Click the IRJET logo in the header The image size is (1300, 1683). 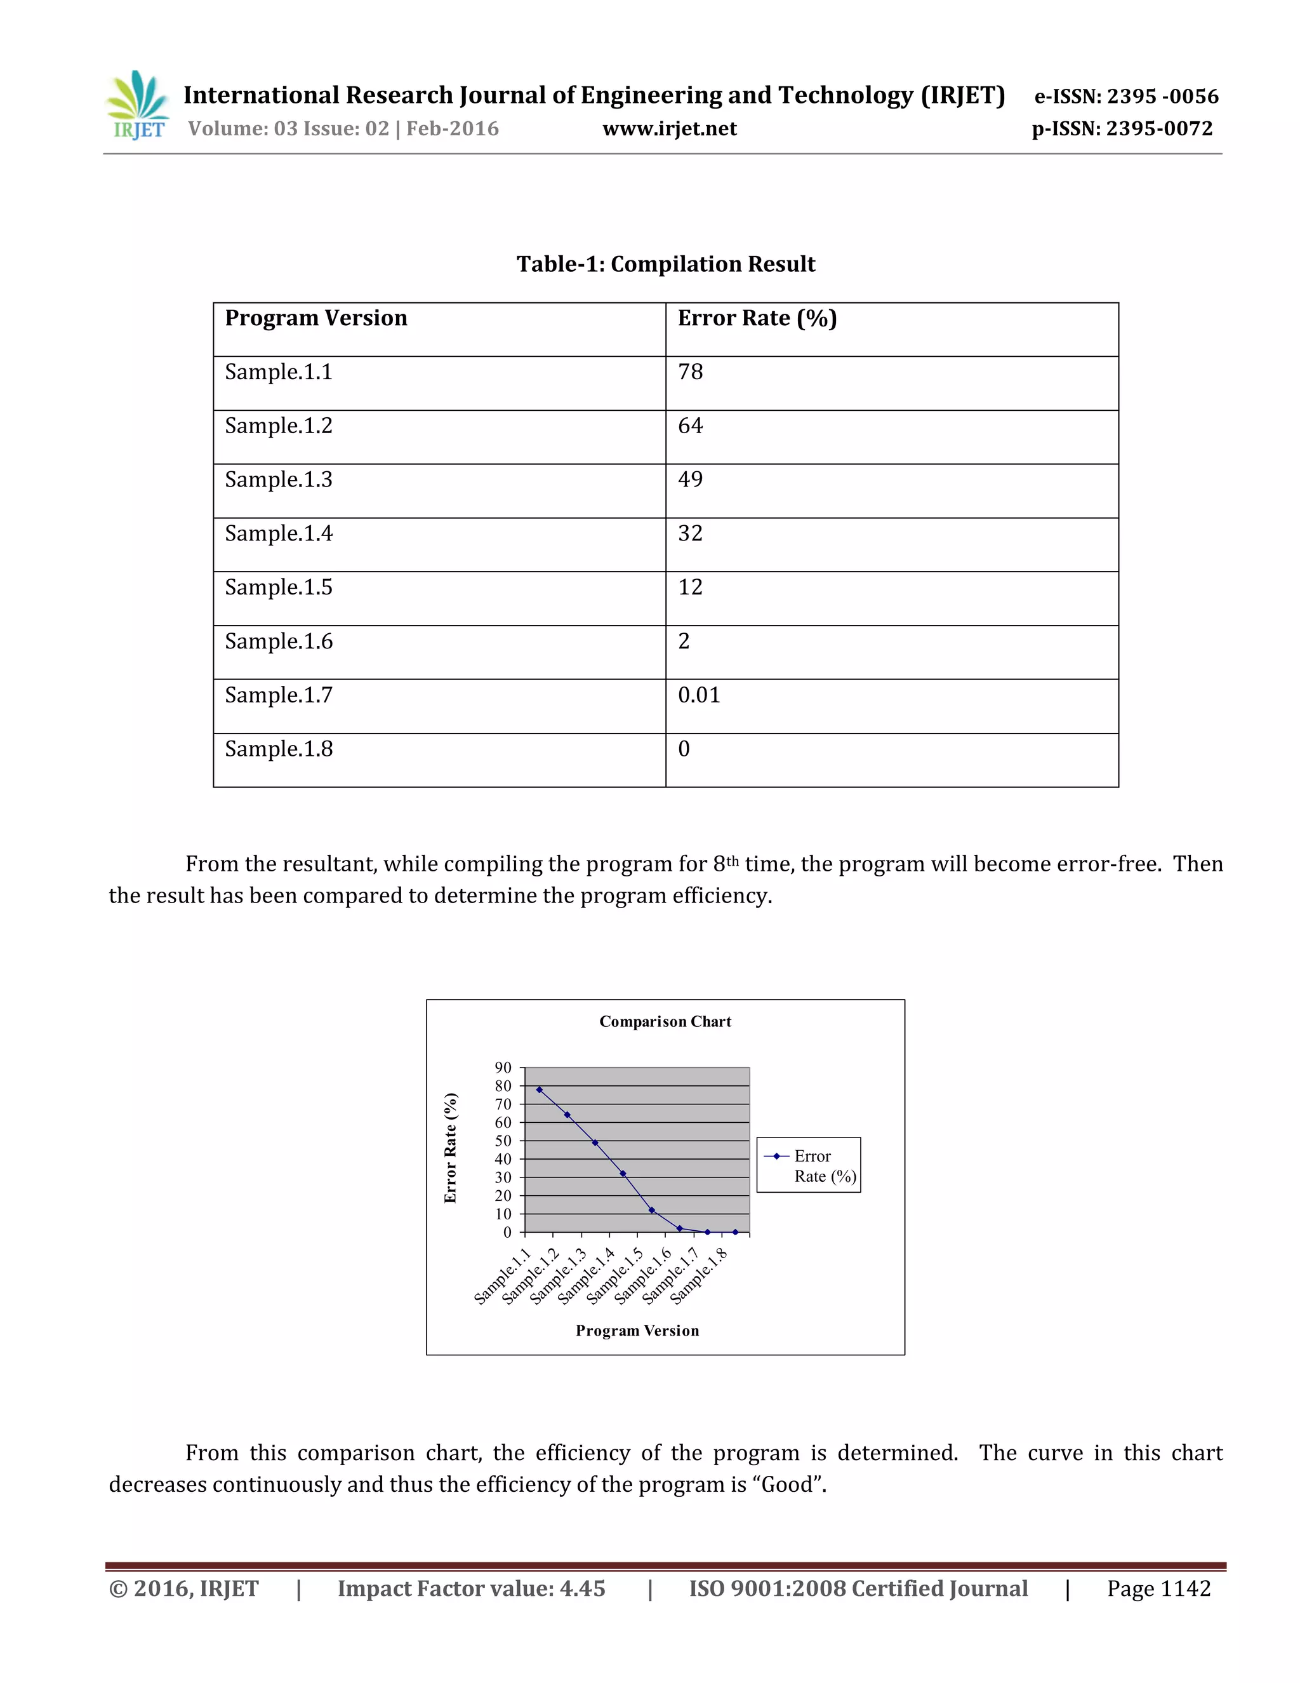click(x=138, y=105)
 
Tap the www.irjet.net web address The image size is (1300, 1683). click(x=668, y=129)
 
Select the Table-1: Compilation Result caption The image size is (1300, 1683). click(x=665, y=264)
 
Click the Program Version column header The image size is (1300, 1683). click(x=315, y=318)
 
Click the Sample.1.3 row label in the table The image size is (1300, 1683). click(x=279, y=479)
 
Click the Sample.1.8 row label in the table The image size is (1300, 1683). click(x=279, y=749)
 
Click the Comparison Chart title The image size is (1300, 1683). click(x=665, y=1022)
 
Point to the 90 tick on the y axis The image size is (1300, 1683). click(x=503, y=1068)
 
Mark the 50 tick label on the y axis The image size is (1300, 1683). click(x=503, y=1141)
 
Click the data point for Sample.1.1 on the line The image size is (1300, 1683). click(x=539, y=1090)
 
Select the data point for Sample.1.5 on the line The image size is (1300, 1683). click(x=651, y=1210)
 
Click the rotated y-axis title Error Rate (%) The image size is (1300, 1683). click(x=451, y=1148)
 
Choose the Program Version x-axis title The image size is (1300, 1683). click(x=637, y=1330)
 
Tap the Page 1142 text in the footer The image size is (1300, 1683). click(x=1158, y=1588)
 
